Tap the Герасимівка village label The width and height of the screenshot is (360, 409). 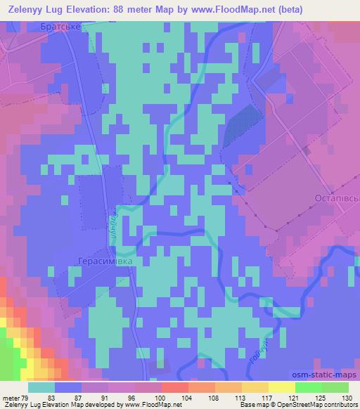[103, 259]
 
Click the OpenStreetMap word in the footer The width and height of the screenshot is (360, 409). [292, 405]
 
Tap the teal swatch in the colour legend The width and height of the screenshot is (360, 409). [41, 387]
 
